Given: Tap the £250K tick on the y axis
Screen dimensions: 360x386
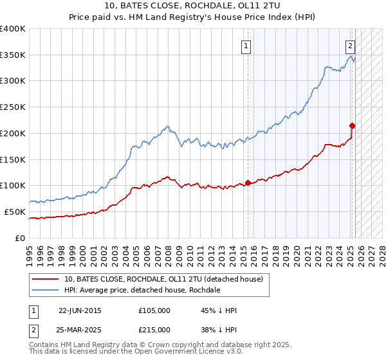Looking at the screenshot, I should [13, 107].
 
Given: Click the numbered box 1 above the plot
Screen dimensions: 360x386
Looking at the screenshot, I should [247, 46].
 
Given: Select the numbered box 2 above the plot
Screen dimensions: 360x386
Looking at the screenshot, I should [350, 46].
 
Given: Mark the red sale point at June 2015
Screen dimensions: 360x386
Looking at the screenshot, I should [248, 183].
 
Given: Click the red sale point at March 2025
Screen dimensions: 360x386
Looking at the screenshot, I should [353, 125].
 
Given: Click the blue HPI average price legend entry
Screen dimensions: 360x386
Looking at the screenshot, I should [142, 291].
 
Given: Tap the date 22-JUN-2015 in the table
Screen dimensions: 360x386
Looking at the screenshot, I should [80, 310].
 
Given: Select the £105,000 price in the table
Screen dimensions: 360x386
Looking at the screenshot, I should [154, 310].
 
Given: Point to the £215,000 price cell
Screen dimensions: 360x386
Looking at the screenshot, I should [154, 330].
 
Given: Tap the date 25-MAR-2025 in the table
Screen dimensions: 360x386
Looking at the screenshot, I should [80, 330].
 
